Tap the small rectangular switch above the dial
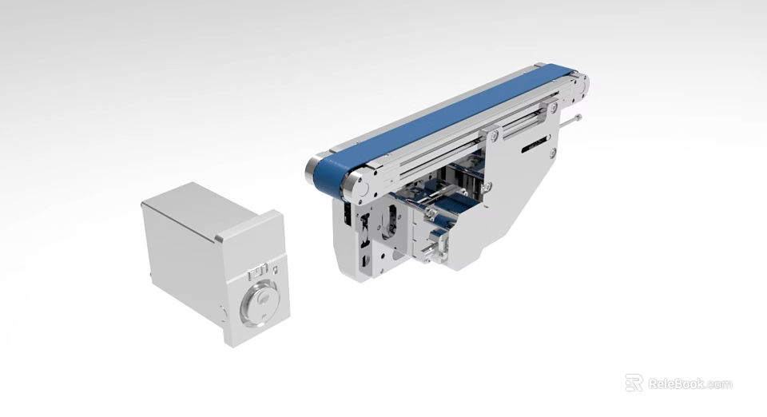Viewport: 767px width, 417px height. coord(258,270)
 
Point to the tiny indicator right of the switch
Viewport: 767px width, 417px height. coord(275,271)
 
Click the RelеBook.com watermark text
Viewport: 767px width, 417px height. coord(690,384)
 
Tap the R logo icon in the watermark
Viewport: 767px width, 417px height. coord(634,383)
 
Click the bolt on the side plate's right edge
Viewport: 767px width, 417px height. coord(551,152)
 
